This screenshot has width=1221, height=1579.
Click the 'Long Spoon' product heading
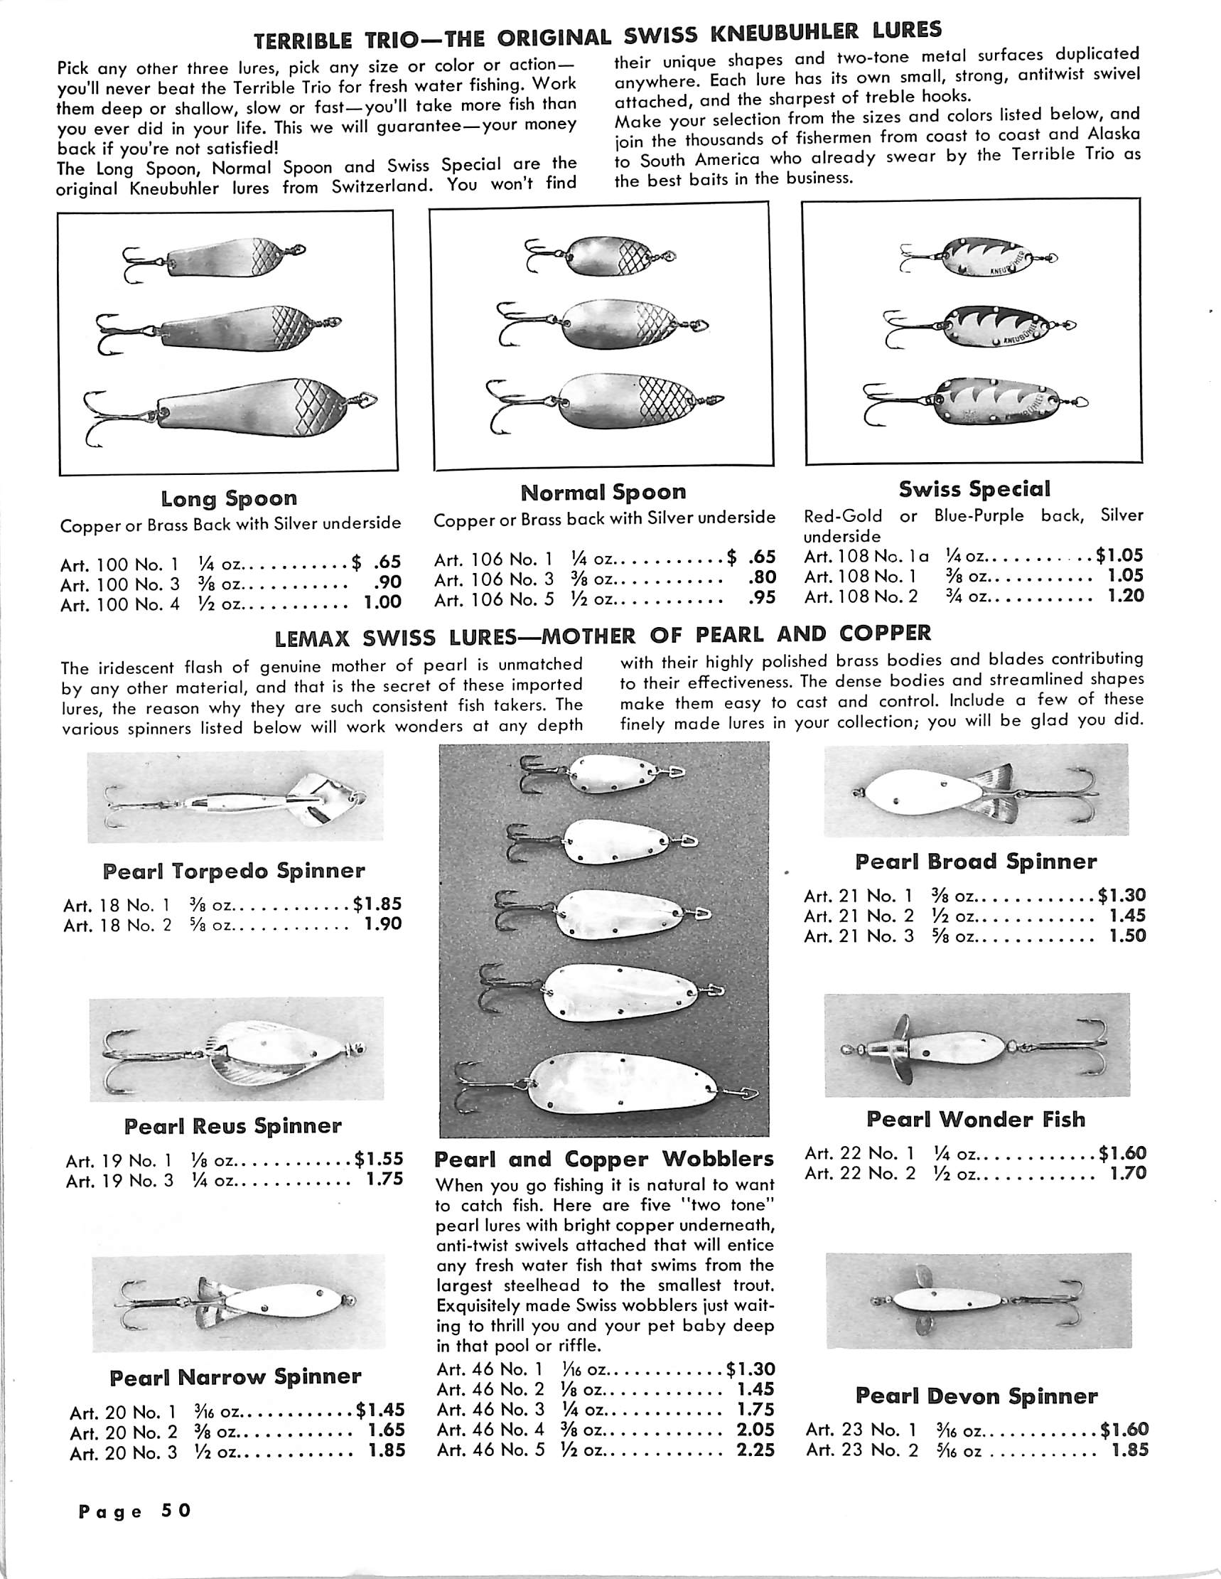coord(228,498)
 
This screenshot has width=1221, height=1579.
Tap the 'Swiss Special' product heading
coord(974,489)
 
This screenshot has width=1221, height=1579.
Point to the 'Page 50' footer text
coord(135,1510)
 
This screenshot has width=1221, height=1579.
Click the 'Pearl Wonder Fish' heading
coord(976,1119)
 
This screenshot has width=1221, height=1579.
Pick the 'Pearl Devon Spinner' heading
coord(976,1396)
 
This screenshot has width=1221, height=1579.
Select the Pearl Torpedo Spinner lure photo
coord(233,800)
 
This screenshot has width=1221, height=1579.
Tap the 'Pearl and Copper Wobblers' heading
coord(603,1159)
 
